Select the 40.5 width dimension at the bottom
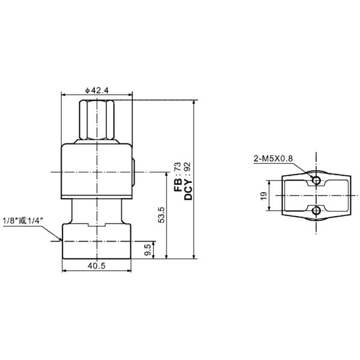tap(97, 266)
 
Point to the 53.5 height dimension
tap(161, 214)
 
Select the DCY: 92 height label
tap(187, 176)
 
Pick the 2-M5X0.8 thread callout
tap(273, 158)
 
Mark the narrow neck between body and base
tap(97, 211)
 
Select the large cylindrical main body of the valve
tap(97, 171)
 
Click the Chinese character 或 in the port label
tap(25, 221)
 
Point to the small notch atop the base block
tap(97, 226)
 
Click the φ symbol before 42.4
tap(87, 90)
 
